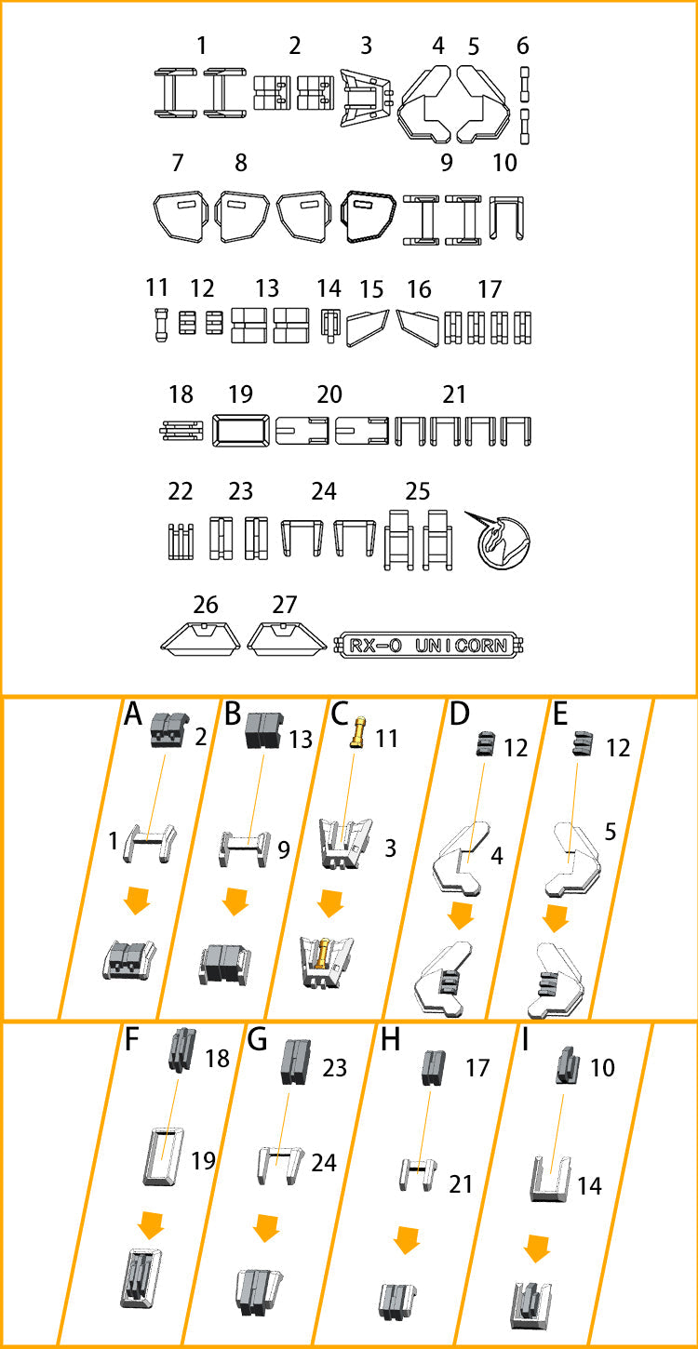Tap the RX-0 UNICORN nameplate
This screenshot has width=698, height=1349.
428,645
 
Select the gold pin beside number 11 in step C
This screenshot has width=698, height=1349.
358,731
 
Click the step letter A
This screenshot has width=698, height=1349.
133,715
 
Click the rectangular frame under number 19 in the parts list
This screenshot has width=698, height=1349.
240,430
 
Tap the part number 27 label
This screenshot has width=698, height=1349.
284,604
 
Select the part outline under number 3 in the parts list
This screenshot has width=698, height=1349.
367,97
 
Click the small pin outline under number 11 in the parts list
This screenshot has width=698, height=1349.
160,326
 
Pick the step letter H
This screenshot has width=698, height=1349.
391,1040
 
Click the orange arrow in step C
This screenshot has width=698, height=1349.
330,902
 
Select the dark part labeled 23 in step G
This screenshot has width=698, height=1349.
296,1062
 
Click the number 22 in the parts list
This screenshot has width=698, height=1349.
180,491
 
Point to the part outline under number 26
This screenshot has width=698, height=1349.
200,638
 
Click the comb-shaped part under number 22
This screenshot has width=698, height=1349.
181,541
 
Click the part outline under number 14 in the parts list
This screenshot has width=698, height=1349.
329,326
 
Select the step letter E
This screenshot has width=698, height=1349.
560,715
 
